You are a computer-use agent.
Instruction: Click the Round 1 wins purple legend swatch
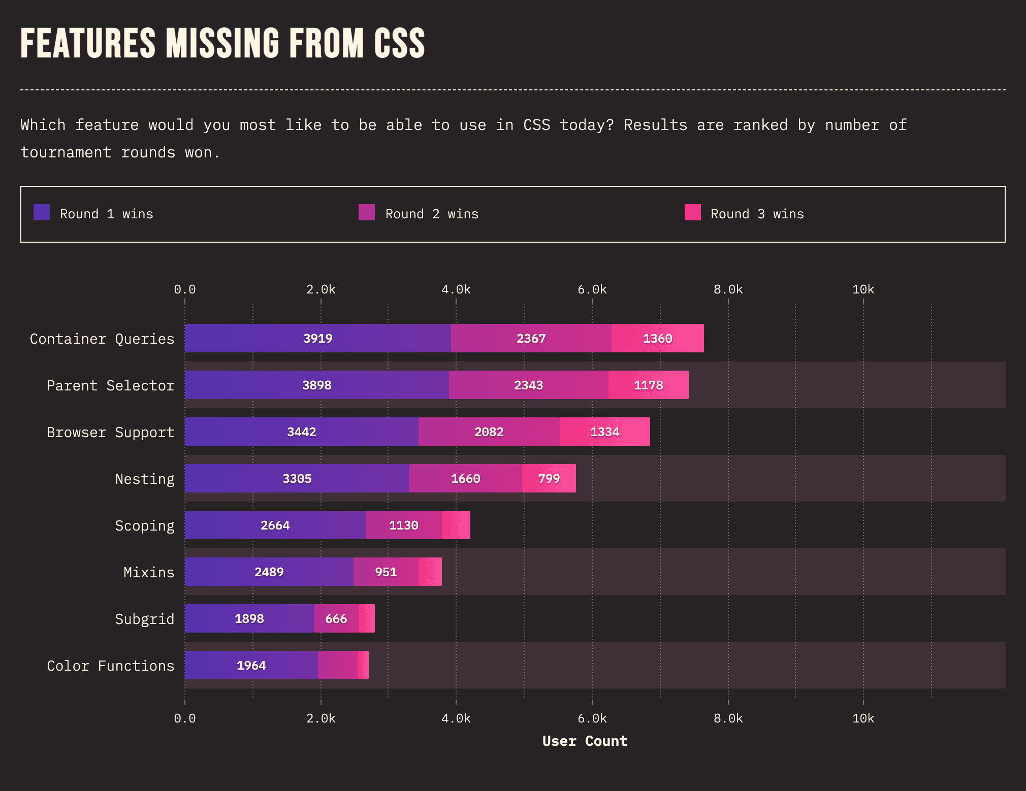pos(42,212)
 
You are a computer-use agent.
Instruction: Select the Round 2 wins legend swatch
pos(367,212)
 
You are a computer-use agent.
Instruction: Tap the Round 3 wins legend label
pos(757,214)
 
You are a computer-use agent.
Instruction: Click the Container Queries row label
pos(102,339)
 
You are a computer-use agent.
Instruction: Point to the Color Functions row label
pos(111,666)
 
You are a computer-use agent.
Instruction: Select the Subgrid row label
pos(145,619)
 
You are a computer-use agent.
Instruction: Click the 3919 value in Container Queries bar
pos(318,339)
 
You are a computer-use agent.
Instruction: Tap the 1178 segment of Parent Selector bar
pos(649,385)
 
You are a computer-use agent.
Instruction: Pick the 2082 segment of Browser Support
pos(489,432)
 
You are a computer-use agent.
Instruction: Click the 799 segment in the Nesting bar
pos(549,478)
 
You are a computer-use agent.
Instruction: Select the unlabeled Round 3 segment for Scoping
pos(456,525)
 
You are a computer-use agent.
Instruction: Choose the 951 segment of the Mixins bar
pos(386,572)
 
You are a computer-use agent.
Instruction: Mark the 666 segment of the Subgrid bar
pos(336,618)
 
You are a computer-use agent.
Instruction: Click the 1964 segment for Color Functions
pos(251,665)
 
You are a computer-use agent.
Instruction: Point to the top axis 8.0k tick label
pos(728,289)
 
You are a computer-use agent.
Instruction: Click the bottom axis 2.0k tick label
pos(320,718)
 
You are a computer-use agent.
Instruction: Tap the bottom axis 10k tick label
pos(863,718)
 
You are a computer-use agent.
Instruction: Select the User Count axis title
pos(585,741)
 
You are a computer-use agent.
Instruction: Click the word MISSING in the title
pos(222,43)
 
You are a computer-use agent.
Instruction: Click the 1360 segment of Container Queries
pos(658,338)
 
